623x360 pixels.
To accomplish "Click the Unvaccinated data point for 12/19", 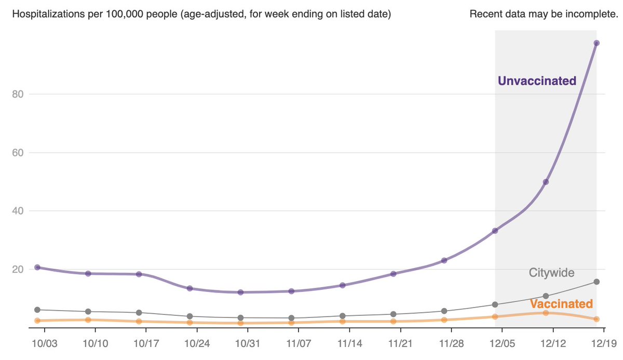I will [x=597, y=43].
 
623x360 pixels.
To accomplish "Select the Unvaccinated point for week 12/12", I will [x=546, y=182].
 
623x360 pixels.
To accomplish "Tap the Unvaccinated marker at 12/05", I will [x=495, y=231].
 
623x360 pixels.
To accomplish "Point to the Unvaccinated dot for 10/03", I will [x=37, y=268].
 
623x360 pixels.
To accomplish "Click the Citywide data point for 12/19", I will [x=597, y=282].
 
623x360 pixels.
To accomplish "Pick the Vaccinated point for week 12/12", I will [x=546, y=313].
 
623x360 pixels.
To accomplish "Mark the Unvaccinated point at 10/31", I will [x=240, y=292].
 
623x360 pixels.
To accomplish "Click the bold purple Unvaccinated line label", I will [x=537, y=81].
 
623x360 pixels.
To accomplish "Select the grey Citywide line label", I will [x=551, y=272].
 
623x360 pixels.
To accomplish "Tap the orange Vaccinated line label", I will [x=561, y=304].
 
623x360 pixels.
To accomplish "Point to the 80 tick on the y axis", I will [x=18, y=94].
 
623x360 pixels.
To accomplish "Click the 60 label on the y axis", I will [x=18, y=153].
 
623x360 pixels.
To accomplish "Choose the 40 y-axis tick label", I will [x=18, y=211].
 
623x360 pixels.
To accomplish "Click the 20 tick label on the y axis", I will [x=18, y=269].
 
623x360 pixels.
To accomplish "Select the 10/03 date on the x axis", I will [x=45, y=344].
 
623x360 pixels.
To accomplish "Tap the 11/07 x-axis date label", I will [x=299, y=344].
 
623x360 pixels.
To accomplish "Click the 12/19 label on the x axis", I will [x=604, y=344].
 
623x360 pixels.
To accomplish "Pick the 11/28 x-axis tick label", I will [x=452, y=344].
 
